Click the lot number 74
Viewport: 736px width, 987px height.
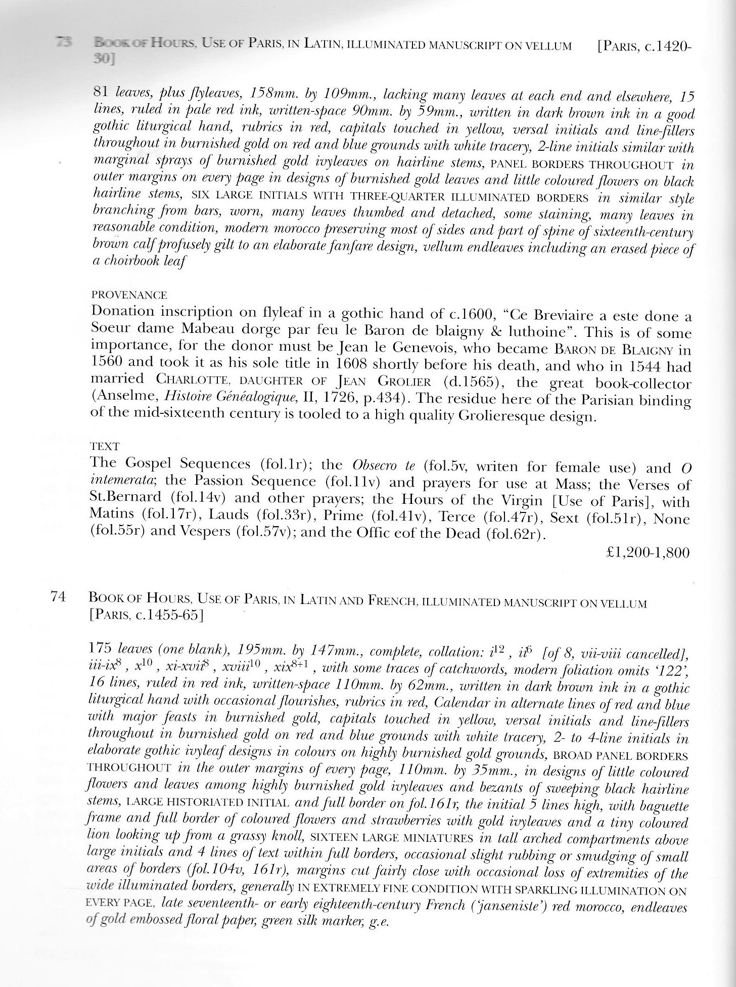[x=59, y=597]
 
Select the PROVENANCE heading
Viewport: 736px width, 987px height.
[x=129, y=295]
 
